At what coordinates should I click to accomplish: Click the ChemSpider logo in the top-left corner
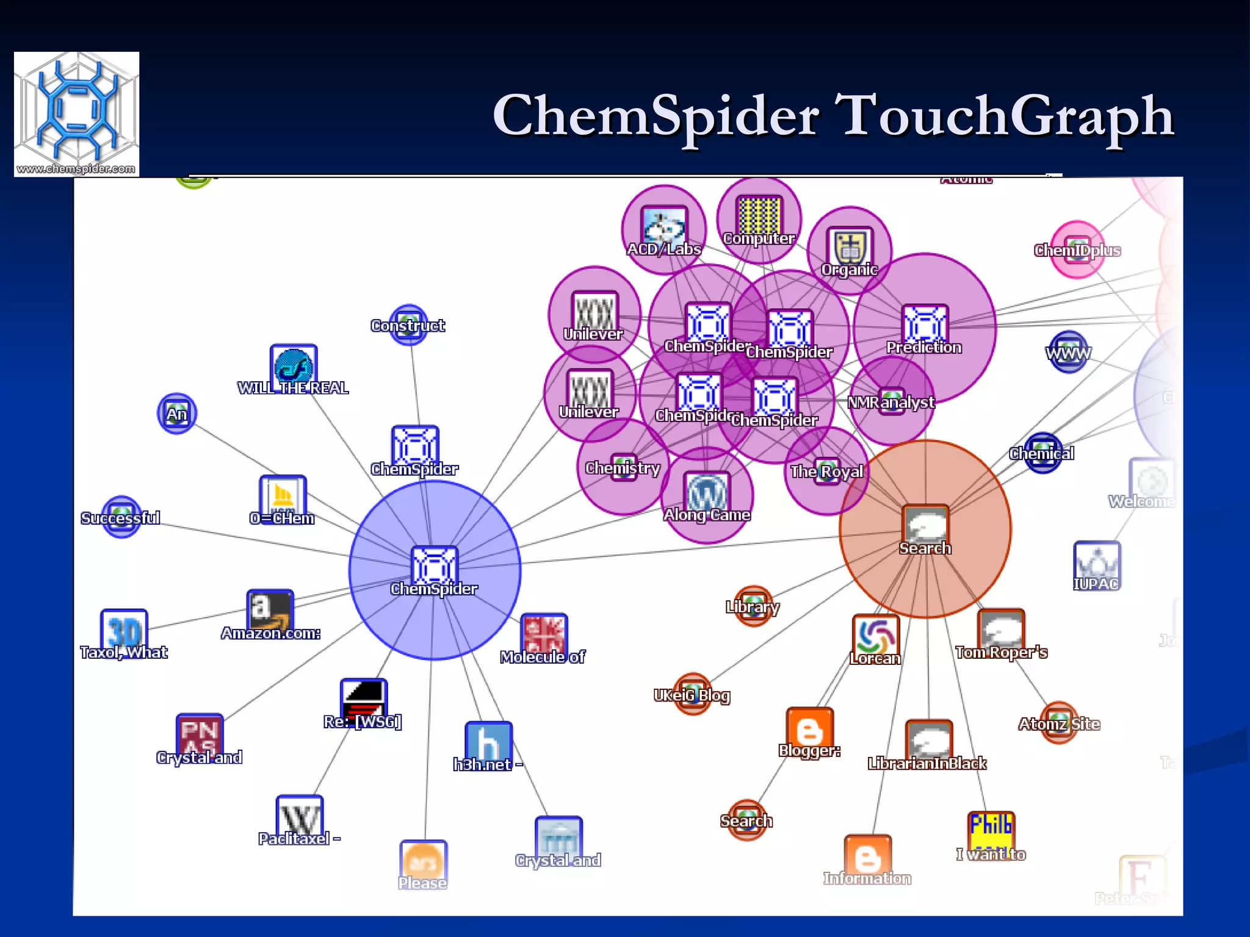pyautogui.click(x=76, y=114)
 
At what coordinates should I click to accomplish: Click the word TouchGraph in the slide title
pyautogui.click(x=1005, y=116)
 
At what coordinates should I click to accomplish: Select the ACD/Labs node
pyautogui.click(x=664, y=229)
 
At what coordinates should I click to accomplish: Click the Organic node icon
pyautogui.click(x=849, y=248)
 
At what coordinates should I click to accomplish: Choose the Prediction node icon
pyautogui.click(x=925, y=325)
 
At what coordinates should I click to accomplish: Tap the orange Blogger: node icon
pyautogui.click(x=809, y=728)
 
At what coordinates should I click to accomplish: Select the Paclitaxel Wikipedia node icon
pyautogui.click(x=299, y=816)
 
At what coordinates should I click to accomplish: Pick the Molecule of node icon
pyautogui.click(x=543, y=634)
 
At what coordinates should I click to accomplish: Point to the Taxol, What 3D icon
pyautogui.click(x=124, y=630)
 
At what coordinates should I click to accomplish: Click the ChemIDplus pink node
pyautogui.click(x=1077, y=250)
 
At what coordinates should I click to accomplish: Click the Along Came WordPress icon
pyautogui.click(x=707, y=492)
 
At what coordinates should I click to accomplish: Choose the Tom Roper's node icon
pyautogui.click(x=1000, y=630)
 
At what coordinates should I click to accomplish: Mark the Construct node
pyautogui.click(x=408, y=325)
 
